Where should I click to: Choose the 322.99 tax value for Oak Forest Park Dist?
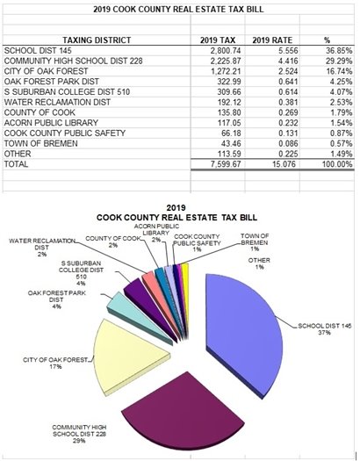click(x=220, y=86)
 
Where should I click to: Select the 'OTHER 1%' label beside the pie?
click(x=258, y=263)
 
